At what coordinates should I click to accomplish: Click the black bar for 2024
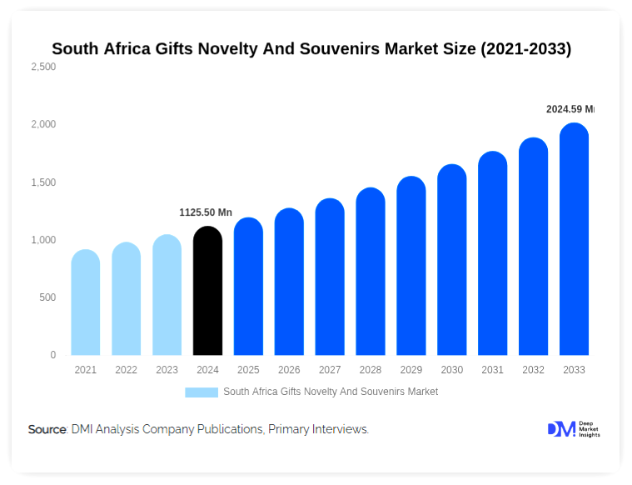(x=207, y=292)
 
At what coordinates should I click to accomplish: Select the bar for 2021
(x=86, y=303)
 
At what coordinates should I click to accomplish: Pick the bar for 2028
(x=371, y=272)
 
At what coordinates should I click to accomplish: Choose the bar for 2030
(x=451, y=261)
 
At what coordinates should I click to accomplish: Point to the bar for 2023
(x=167, y=296)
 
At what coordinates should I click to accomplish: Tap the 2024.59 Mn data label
(x=570, y=109)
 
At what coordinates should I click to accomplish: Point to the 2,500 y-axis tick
(x=42, y=67)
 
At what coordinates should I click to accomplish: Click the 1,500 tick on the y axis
(x=42, y=182)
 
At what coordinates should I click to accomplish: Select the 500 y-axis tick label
(x=47, y=297)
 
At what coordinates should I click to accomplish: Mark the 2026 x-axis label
(x=289, y=370)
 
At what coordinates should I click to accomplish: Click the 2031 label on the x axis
(x=492, y=370)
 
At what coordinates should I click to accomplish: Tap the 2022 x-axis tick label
(x=126, y=370)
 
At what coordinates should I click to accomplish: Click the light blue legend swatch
(x=202, y=392)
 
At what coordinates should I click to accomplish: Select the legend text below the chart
(x=331, y=392)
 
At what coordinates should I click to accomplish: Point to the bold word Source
(x=47, y=429)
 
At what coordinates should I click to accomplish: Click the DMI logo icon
(x=560, y=429)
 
